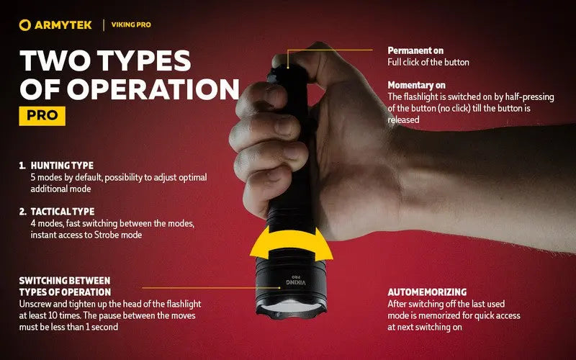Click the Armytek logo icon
25,25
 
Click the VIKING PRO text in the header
132,25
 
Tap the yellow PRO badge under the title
42,115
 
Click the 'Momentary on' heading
418,85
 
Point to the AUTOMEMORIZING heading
428,292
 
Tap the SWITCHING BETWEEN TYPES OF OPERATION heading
65,286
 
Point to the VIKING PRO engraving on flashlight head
291,282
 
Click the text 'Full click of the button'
428,63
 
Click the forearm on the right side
490,180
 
